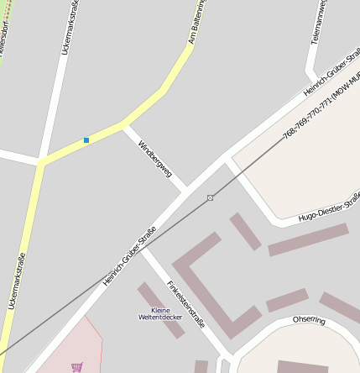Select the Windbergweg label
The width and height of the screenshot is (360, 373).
coord(155,159)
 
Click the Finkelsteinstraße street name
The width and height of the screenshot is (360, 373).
coord(186,302)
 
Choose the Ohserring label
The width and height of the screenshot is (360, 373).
coord(309,320)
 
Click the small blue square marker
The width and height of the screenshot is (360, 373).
coord(86,140)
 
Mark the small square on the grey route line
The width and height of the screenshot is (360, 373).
coord(210,197)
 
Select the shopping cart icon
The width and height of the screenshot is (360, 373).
coord(77,366)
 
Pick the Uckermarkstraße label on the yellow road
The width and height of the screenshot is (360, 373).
coord(14,280)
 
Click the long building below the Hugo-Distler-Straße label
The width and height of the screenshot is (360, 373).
coord(308,239)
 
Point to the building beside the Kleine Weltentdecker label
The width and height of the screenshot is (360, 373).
coord(160,310)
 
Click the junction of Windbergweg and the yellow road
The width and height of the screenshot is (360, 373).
coord(125,127)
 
